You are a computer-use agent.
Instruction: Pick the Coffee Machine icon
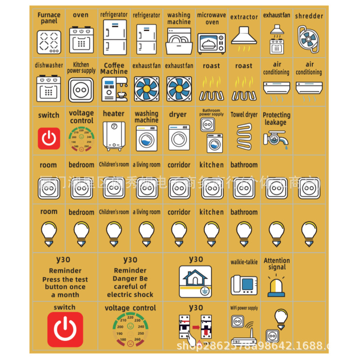[x=114, y=89]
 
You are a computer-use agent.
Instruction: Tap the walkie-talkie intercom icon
[x=244, y=284]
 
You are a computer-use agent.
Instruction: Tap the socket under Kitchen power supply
[x=81, y=90]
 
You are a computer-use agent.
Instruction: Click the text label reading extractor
[x=244, y=17]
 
